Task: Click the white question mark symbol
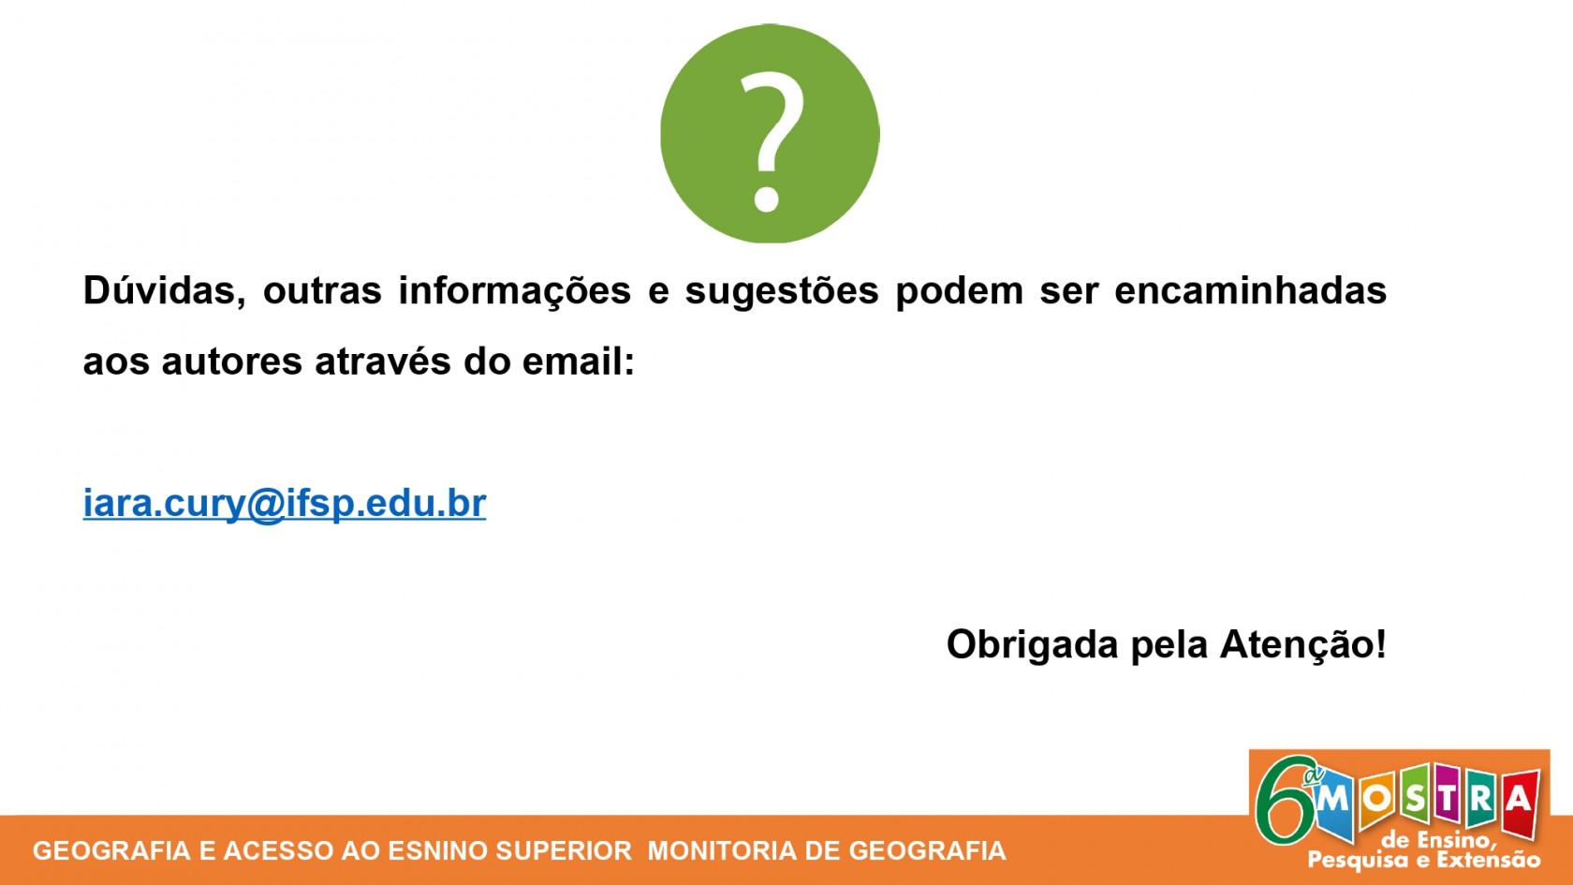coord(772,140)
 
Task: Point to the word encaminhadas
coord(1251,290)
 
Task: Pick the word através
coord(383,361)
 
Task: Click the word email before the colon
coord(572,361)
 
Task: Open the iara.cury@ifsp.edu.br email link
coord(285,504)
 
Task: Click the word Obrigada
coord(1032,644)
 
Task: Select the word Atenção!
coord(1303,643)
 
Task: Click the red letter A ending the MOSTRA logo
coord(1520,802)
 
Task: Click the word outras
coord(322,290)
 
